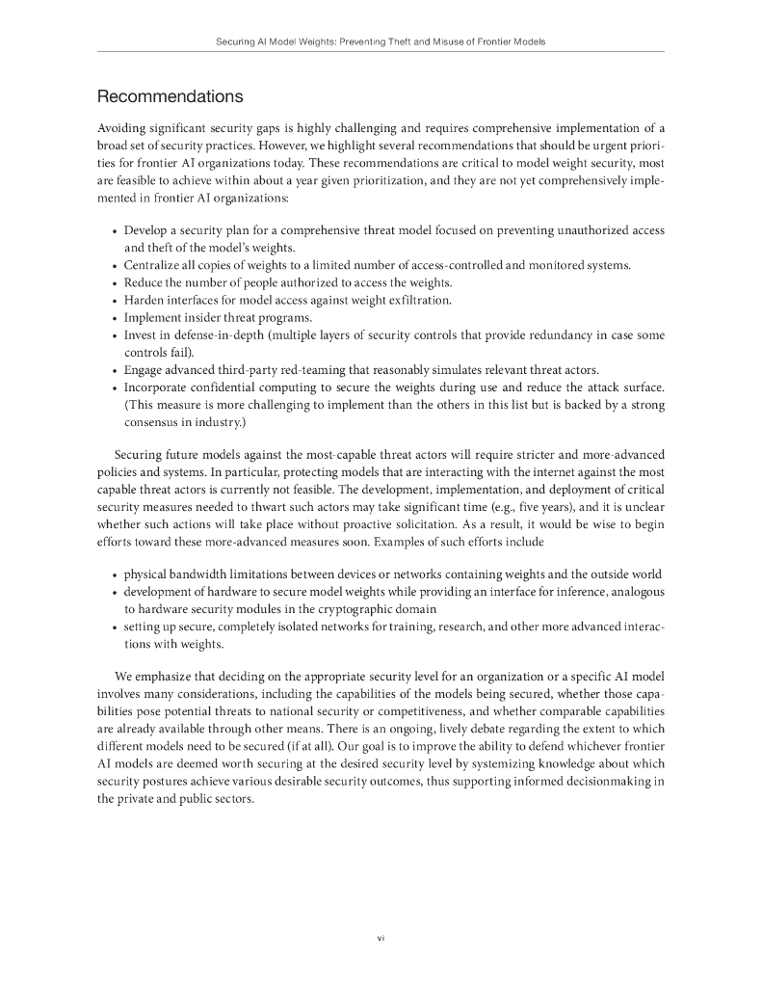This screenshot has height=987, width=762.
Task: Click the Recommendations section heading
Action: [x=171, y=97]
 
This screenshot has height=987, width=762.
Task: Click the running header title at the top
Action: [x=381, y=42]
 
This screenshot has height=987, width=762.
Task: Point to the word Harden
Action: [x=145, y=300]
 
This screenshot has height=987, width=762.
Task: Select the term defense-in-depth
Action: [x=210, y=335]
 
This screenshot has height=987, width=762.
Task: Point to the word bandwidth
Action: [x=204, y=574]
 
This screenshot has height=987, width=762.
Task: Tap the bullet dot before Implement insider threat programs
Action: [x=115, y=318]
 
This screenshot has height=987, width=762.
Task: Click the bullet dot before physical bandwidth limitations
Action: [x=115, y=575]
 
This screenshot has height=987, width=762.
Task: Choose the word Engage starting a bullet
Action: [x=145, y=370]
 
